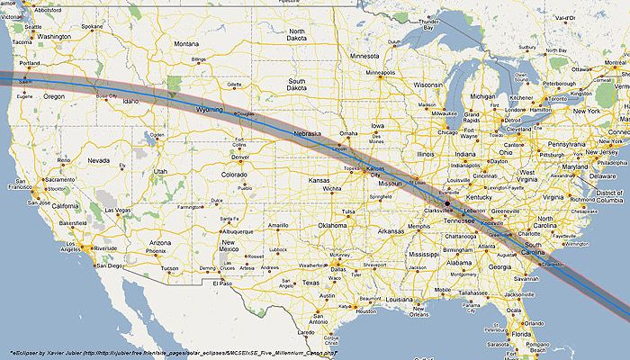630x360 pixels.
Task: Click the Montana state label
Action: tap(186, 43)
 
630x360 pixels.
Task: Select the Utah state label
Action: tap(161, 170)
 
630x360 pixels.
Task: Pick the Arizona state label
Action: tap(159, 243)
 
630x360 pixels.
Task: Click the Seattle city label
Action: tap(34, 26)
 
